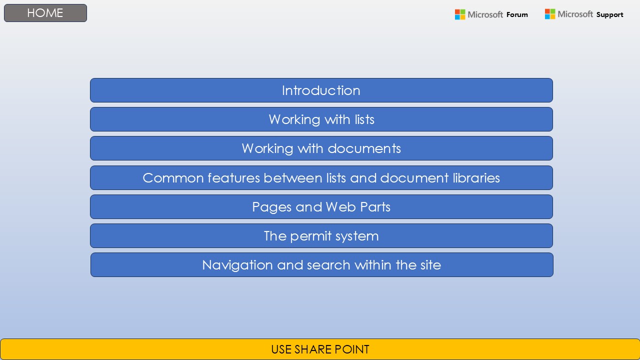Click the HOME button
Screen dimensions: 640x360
coord(45,13)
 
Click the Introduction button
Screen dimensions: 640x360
coord(321,90)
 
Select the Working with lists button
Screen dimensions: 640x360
coord(321,119)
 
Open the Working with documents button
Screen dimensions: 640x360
coord(321,148)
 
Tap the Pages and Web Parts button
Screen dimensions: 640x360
coord(321,207)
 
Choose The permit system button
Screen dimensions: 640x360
coord(321,236)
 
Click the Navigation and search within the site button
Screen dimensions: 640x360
coord(321,265)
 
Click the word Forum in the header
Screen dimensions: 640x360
coord(517,14)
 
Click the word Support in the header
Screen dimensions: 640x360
coord(609,15)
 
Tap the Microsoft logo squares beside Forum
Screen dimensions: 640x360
coord(460,14)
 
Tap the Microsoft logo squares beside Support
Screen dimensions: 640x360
coord(550,14)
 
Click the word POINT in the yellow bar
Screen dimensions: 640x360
coord(352,349)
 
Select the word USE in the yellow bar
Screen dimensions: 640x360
coord(281,349)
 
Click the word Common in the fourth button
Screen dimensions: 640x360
coord(173,178)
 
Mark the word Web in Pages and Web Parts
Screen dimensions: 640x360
coord(341,207)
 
